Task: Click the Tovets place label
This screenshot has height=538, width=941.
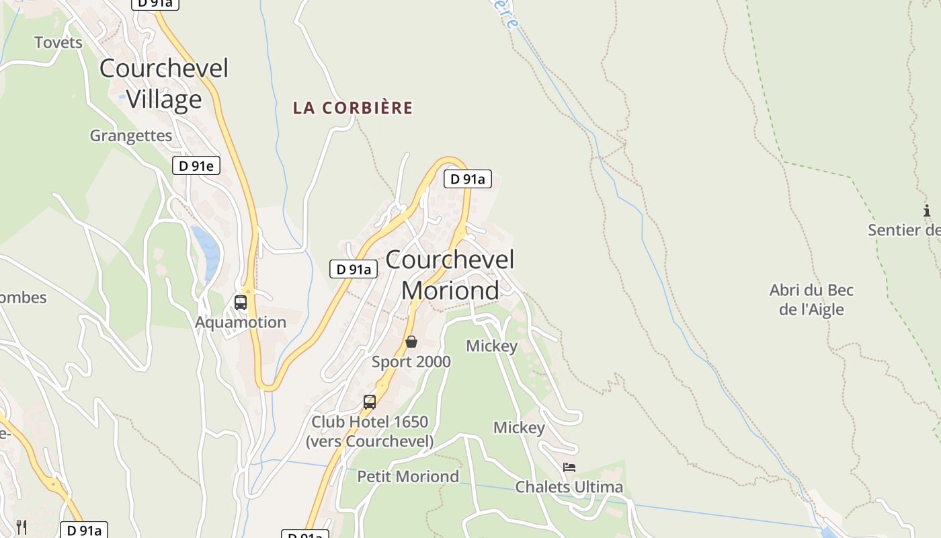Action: point(58,42)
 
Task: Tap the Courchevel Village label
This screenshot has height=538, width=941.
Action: point(164,83)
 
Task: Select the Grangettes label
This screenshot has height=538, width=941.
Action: point(131,136)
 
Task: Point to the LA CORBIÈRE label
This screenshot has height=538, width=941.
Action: point(353,108)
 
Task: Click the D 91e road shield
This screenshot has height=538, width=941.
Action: point(196,165)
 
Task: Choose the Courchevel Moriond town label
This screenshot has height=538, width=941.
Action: point(450,274)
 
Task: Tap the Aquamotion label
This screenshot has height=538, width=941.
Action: point(241,322)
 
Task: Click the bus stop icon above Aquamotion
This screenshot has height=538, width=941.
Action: point(241,303)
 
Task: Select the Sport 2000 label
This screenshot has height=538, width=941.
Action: point(411,362)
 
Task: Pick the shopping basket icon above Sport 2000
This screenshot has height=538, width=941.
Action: point(411,342)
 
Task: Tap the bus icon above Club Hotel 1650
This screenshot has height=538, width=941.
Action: point(369,402)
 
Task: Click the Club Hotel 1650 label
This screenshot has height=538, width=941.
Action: point(369,431)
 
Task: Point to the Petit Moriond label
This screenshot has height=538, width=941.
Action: point(408,477)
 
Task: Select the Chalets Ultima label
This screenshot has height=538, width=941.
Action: point(569,487)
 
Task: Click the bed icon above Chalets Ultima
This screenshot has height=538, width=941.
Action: point(569,467)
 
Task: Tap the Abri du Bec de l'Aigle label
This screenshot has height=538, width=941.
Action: point(811,300)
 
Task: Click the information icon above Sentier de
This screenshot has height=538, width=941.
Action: point(928,211)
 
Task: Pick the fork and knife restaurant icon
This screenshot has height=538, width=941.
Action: point(22,527)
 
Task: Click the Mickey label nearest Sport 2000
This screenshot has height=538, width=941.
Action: point(492,346)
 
